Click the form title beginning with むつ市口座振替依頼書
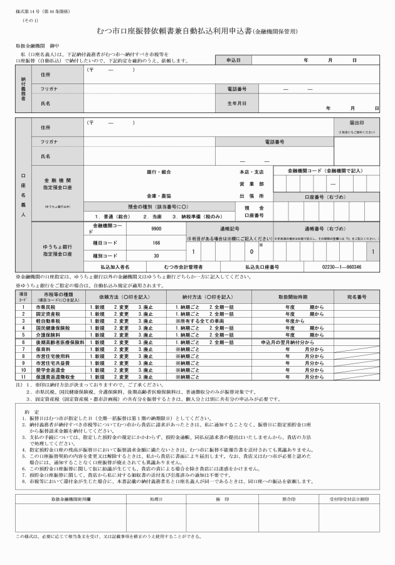coord(197,31)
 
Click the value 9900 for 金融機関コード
coord(156,230)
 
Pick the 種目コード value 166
coord(156,242)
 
